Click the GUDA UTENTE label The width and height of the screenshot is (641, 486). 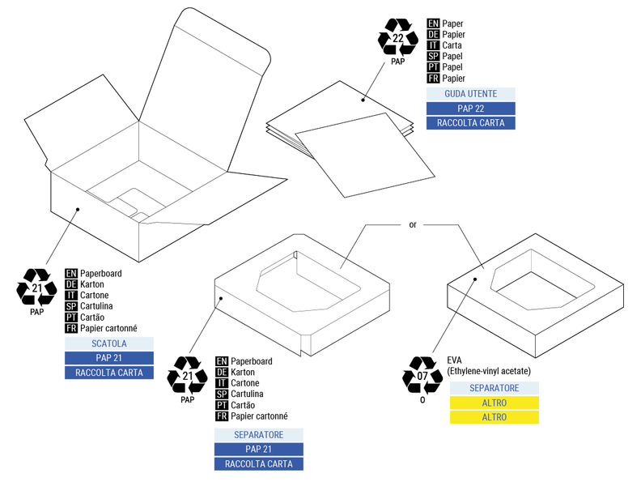coord(470,94)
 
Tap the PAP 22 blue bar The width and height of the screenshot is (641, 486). coord(470,109)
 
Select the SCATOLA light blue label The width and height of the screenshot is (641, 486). coord(109,343)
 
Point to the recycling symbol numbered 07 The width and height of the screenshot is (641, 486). coord(422,375)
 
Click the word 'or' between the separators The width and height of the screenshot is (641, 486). coord(412,224)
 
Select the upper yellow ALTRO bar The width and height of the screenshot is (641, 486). coord(494,403)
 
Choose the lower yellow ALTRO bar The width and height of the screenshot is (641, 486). coord(494,417)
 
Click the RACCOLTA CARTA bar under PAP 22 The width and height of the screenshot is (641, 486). coord(470,123)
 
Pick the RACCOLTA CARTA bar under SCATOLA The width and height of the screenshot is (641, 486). coord(109,373)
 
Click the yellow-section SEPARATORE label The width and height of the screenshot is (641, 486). coord(494,388)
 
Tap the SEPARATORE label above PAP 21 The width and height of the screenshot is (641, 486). coord(258,435)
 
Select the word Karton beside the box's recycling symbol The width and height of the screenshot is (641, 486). coord(96,284)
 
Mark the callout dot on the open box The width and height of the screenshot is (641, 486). coord(78,209)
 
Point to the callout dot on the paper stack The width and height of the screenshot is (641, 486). coord(363,100)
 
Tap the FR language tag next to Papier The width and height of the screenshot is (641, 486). coord(433,79)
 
